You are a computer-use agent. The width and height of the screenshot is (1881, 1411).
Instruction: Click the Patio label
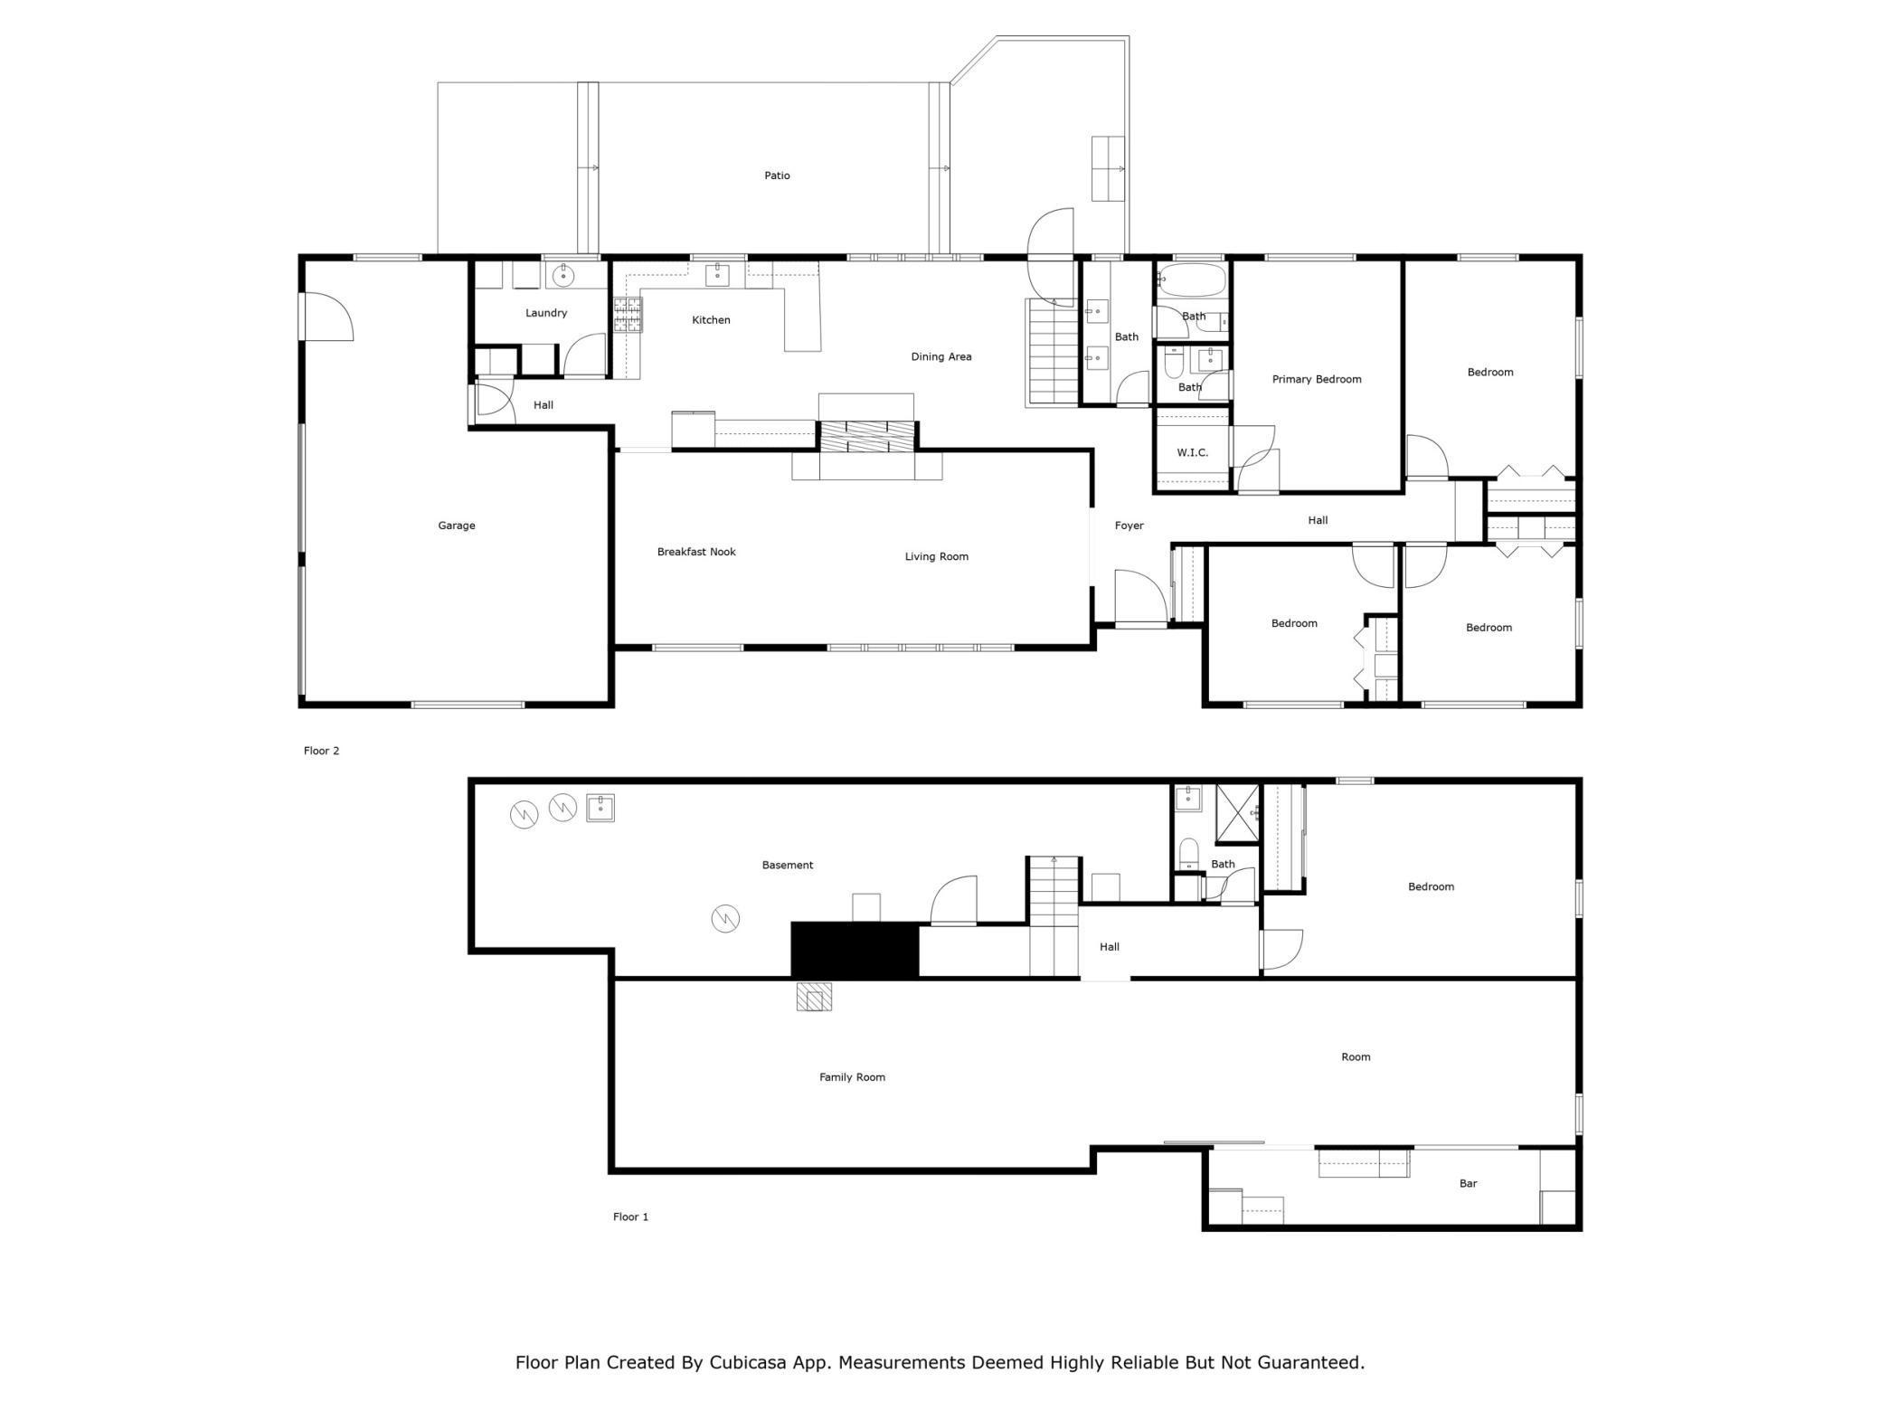(777, 175)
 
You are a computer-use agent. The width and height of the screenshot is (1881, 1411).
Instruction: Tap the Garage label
(456, 526)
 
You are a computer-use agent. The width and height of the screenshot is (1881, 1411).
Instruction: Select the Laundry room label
(546, 313)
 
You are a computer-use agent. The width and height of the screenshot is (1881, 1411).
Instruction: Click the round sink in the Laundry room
(563, 275)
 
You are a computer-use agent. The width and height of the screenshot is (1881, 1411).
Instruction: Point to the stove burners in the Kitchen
(628, 315)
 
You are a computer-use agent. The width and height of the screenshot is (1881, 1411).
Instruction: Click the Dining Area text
(940, 356)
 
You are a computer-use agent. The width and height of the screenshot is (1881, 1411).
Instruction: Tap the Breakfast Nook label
(696, 552)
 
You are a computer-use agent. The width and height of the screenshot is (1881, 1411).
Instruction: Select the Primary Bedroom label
(1316, 379)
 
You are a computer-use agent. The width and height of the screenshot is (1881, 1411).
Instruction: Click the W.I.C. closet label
(1192, 452)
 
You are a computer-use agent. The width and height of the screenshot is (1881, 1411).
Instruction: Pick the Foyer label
(1129, 526)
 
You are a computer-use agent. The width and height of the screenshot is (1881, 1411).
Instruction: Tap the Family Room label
(852, 1077)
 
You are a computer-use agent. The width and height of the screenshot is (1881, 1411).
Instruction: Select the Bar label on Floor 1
(1468, 1183)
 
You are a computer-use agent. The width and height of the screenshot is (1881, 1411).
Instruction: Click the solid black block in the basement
(855, 950)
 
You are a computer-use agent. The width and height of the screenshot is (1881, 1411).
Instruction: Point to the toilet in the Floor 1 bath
(1188, 853)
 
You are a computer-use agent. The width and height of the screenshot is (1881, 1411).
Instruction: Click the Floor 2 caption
(321, 751)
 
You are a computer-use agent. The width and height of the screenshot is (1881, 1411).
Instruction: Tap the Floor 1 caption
(630, 1217)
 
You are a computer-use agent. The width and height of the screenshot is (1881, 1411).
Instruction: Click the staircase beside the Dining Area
(1053, 353)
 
